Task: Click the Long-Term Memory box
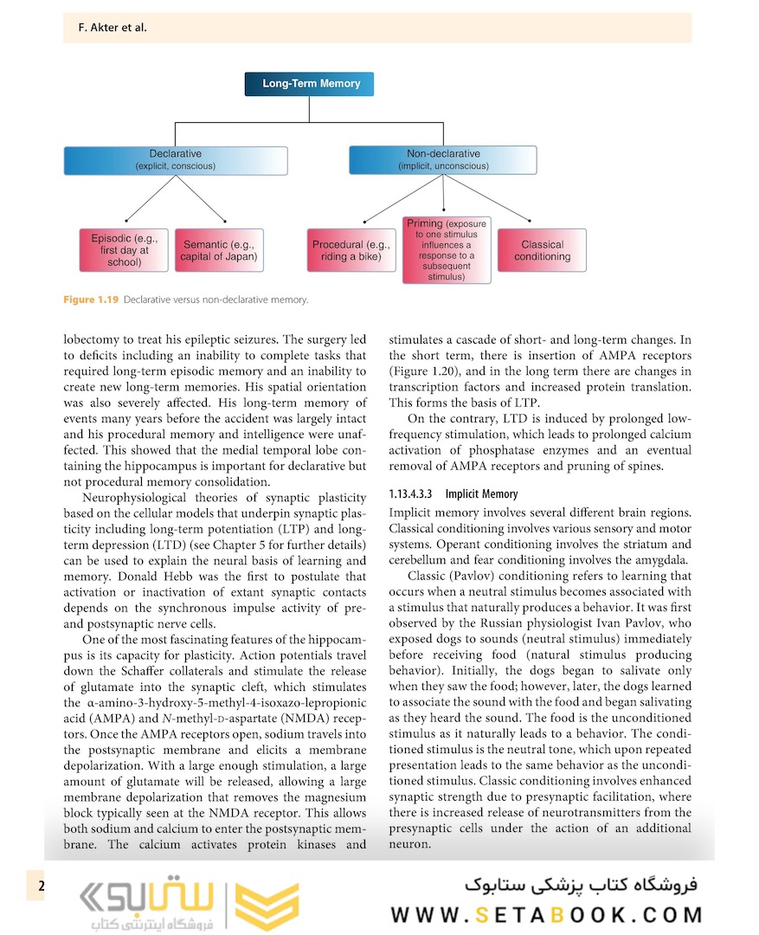click(312, 84)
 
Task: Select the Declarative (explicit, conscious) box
click(176, 160)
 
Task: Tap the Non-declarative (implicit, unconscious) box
click(442, 160)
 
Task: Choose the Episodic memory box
click(125, 250)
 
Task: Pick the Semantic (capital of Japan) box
click(218, 250)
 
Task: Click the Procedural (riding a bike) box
click(351, 250)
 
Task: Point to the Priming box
click(447, 250)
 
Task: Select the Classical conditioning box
click(542, 250)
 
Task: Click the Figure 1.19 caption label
click(91, 300)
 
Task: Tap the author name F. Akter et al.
click(106, 28)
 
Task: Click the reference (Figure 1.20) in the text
click(421, 372)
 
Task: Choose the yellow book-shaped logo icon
click(267, 906)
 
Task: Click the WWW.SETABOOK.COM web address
click(546, 915)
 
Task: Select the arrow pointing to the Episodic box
click(128, 219)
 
